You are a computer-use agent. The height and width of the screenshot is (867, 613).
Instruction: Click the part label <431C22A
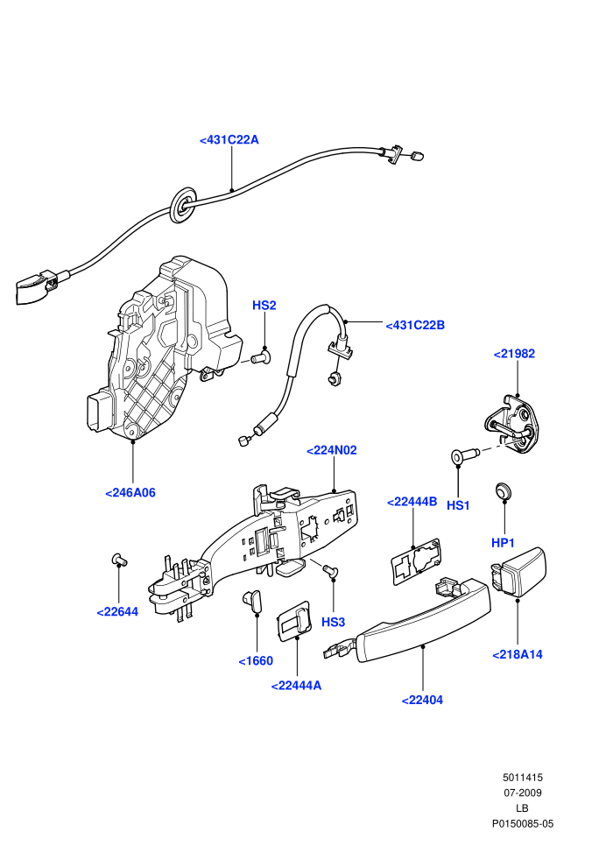[x=229, y=140]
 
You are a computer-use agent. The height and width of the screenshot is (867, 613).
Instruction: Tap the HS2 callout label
[x=264, y=306]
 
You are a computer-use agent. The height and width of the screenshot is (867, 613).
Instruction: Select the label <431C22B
[x=415, y=325]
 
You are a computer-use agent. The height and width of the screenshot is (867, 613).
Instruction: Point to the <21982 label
[x=514, y=354]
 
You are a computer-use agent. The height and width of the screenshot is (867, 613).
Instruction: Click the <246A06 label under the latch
[x=130, y=493]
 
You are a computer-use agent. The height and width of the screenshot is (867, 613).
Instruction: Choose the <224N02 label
[x=332, y=451]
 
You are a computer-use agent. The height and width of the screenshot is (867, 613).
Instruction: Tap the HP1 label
[x=503, y=543]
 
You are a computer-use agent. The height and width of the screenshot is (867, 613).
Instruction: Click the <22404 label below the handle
[x=422, y=700]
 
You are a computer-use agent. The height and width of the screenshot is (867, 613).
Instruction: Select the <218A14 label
[x=518, y=655]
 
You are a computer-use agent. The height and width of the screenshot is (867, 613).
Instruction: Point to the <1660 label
[x=256, y=660]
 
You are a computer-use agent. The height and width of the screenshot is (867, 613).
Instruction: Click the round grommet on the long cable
[x=183, y=205]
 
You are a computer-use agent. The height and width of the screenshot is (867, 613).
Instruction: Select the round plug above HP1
[x=503, y=490]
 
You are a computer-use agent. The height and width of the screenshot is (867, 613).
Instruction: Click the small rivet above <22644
[x=119, y=560]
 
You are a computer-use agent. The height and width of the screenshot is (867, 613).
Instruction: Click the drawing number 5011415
[x=522, y=778]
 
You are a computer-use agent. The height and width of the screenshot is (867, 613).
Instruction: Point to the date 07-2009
[x=522, y=793]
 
